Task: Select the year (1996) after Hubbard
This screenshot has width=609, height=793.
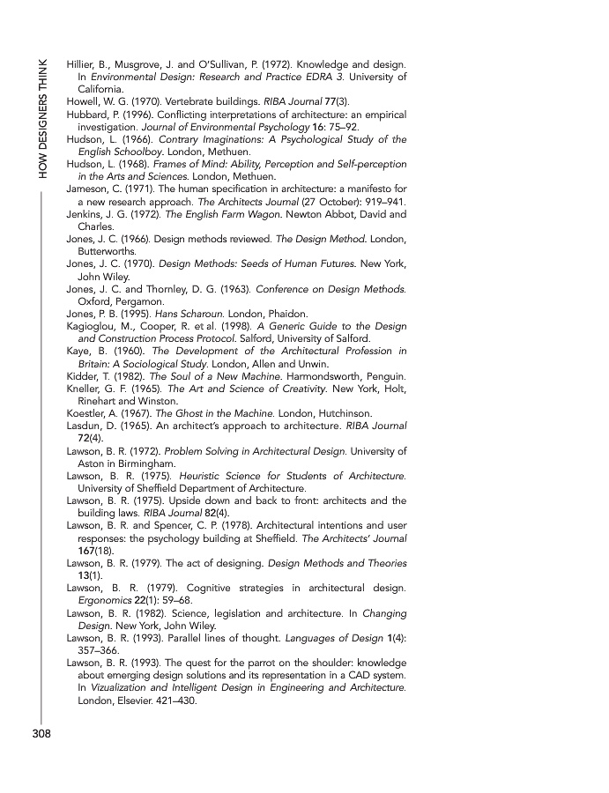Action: coord(127,115)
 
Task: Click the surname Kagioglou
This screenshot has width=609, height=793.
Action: coord(97,325)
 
